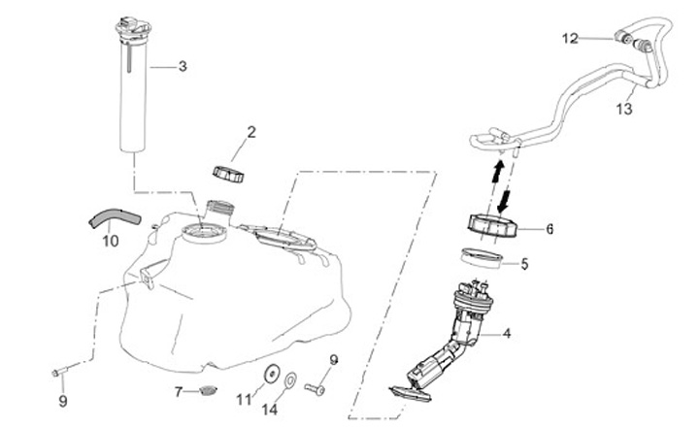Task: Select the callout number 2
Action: pos(250,131)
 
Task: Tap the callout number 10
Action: pos(109,239)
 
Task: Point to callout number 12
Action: pos(570,38)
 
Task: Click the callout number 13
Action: pos(624,110)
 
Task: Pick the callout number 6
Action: pos(549,230)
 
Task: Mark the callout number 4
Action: pos(507,334)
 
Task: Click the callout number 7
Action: pos(179,392)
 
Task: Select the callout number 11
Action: pos(244,399)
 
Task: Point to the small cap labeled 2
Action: pos(230,173)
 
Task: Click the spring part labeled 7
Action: pos(205,392)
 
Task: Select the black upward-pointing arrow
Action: pos(496,176)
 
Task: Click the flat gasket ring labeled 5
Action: pos(483,259)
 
